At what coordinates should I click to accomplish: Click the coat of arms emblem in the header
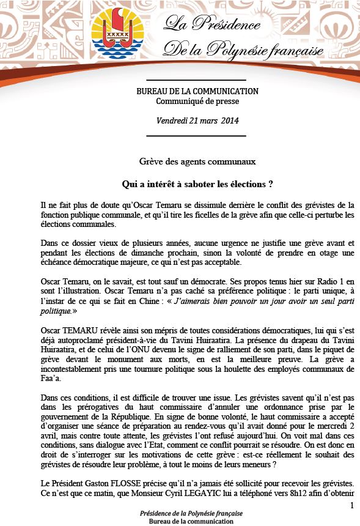coord(114,31)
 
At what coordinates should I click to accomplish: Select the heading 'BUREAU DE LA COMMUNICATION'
coord(197,91)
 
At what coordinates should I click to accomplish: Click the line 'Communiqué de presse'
coord(197,101)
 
